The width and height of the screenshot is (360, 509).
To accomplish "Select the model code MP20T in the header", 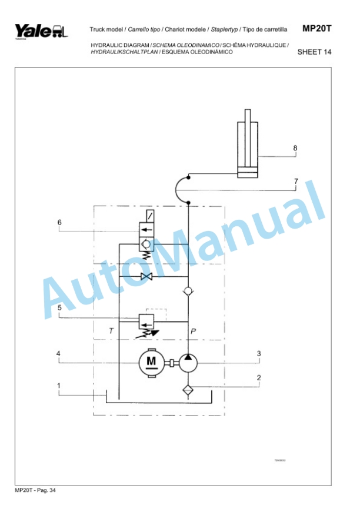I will (317, 28).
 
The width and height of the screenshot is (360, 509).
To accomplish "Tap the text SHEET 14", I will (315, 52).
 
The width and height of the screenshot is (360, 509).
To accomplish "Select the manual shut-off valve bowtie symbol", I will (145, 276).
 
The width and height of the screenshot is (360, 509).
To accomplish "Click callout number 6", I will (59, 222).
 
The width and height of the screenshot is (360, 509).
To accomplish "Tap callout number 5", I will (59, 307).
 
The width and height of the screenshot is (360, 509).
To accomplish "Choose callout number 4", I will (59, 354).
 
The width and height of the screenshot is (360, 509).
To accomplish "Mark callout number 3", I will (258, 354).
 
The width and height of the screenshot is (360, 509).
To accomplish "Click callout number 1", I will (59, 385).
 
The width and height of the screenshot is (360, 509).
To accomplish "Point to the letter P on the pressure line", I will (193, 331).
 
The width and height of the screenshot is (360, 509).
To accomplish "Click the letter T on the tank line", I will (111, 331).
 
